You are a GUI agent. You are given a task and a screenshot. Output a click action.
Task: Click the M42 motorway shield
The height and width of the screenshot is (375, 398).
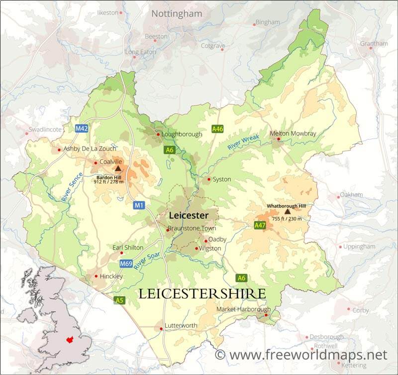click(82, 129)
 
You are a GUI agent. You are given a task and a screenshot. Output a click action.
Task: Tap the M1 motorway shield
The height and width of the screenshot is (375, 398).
click(139, 205)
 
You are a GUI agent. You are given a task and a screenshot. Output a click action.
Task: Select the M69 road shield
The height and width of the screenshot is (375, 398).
click(126, 263)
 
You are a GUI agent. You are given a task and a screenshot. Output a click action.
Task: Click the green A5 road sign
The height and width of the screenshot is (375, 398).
click(119, 300)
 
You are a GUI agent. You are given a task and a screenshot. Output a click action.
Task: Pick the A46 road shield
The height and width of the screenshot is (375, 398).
click(217, 129)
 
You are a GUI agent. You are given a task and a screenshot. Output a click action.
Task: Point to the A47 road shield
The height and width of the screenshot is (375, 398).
click(260, 225)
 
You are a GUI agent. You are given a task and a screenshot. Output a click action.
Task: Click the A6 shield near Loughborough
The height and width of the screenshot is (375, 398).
click(170, 150)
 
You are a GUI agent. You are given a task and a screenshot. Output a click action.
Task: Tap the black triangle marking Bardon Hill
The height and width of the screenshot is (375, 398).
click(118, 169)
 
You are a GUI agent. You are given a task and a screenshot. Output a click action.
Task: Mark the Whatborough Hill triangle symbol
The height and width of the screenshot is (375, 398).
click(287, 211)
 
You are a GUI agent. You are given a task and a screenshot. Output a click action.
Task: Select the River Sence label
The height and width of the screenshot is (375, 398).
click(72, 187)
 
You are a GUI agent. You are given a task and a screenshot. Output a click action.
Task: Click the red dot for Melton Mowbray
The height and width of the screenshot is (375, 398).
click(279, 139)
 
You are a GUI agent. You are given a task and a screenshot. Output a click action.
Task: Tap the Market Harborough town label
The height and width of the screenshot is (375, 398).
click(243, 309)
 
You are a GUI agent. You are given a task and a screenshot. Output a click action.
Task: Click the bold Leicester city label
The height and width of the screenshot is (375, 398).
click(188, 215)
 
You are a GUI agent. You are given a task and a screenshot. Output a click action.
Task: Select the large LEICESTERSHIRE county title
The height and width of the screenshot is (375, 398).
click(201, 294)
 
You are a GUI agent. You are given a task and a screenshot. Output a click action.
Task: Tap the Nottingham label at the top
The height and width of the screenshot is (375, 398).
click(177, 13)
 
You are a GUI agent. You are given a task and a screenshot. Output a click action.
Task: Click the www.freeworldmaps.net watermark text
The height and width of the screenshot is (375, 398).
click(300, 355)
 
